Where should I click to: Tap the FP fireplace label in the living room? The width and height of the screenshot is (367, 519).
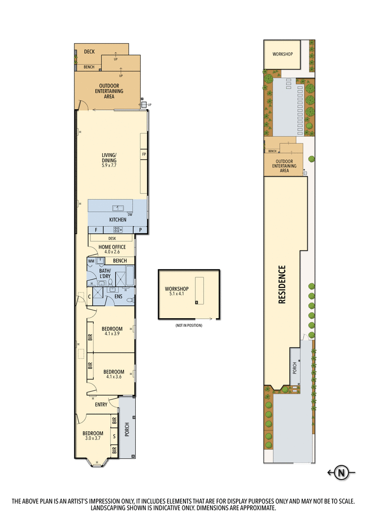pyautogui.click(x=144, y=154)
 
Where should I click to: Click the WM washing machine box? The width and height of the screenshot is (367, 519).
pyautogui.click(x=91, y=260)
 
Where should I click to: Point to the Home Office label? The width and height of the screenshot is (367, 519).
pyautogui.click(x=112, y=249)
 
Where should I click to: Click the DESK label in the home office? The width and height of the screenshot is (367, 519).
pyautogui.click(x=112, y=238)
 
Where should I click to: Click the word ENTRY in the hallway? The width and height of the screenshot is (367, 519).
pyautogui.click(x=101, y=404)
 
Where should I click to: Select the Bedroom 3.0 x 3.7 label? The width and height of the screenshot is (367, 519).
pyautogui.click(x=93, y=436)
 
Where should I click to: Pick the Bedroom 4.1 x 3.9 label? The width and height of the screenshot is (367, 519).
pyautogui.click(x=112, y=331)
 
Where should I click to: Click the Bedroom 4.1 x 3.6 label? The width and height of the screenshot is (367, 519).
pyautogui.click(x=113, y=374)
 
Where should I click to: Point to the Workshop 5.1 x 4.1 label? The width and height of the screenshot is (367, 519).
pyautogui.click(x=174, y=291)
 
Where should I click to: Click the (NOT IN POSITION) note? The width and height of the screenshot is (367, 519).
pyautogui.click(x=189, y=325)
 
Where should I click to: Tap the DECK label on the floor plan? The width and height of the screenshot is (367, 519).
pyautogui.click(x=89, y=52)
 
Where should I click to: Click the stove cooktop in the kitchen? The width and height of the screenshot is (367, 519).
pyautogui.click(x=120, y=230)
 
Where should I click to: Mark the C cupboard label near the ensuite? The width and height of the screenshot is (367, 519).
pyautogui.click(x=90, y=297)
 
